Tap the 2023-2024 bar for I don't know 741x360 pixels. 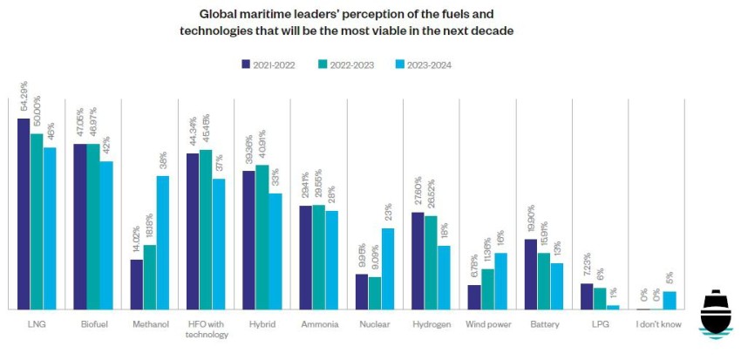[x=670, y=300]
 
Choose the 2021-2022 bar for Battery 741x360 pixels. [x=531, y=274]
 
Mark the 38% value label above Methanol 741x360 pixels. [x=163, y=159]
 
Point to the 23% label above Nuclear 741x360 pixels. [x=388, y=212]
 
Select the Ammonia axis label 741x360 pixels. [x=318, y=325]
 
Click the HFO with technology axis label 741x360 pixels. [x=206, y=329]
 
